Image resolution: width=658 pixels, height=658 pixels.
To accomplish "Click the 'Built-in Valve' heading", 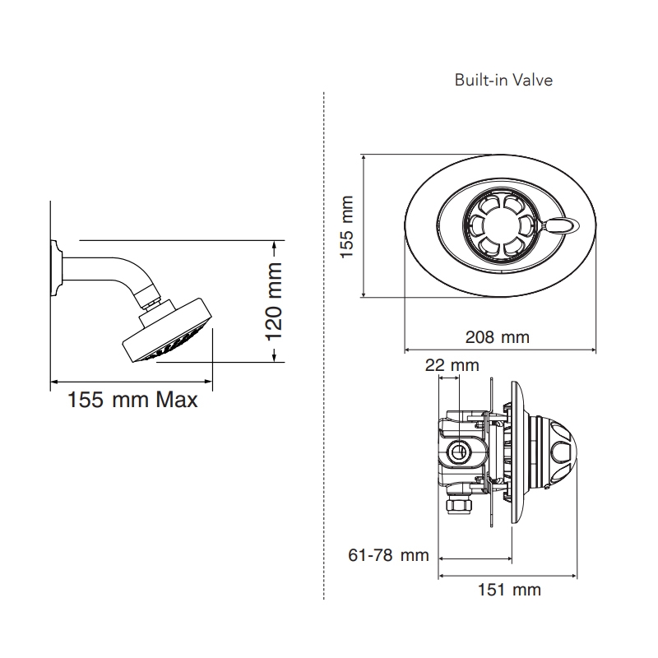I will pyautogui.click(x=503, y=81).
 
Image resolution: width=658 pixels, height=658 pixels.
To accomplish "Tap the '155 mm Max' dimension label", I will pyautogui.click(x=132, y=401).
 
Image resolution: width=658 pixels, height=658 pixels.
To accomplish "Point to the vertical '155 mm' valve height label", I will pyautogui.click(x=347, y=227).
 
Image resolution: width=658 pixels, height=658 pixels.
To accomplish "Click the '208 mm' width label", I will pyautogui.click(x=497, y=337).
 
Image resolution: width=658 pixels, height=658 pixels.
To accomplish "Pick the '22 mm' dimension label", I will pyautogui.click(x=452, y=364).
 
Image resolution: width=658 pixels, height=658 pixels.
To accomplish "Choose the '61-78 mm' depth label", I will pyautogui.click(x=389, y=555).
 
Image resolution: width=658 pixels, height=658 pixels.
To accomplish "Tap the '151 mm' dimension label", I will pyautogui.click(x=509, y=590).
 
